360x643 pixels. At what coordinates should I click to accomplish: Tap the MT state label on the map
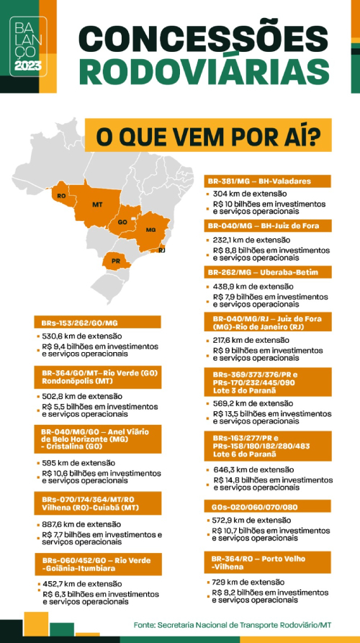97,205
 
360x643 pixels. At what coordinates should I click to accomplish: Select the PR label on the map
115,261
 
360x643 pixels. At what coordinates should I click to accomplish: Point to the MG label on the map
150,230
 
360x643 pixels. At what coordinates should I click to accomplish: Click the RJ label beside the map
162,250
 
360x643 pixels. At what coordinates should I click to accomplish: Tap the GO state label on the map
122,222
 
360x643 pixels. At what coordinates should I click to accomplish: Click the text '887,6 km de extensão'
82,524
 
